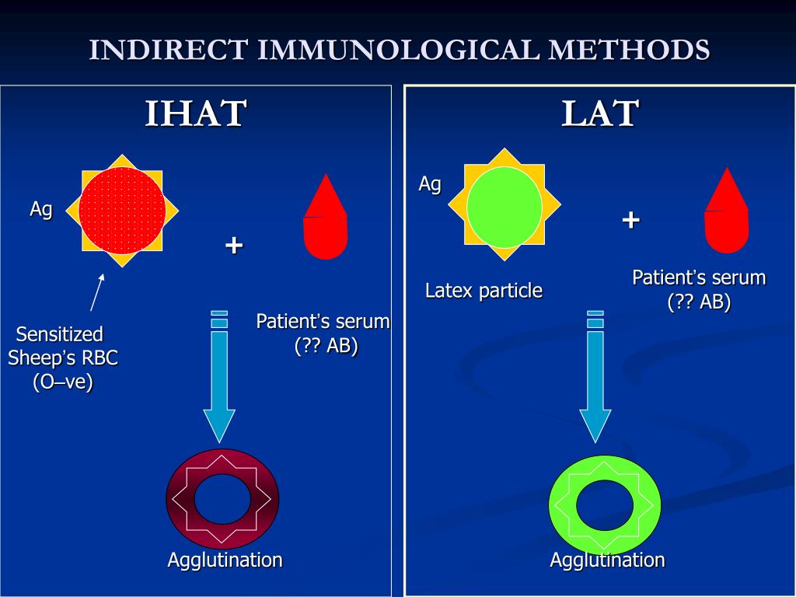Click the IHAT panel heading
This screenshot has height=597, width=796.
[x=196, y=113]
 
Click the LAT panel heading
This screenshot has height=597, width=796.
[x=600, y=113]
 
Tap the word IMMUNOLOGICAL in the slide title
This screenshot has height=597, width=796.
[x=397, y=50]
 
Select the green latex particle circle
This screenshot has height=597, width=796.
[x=504, y=207]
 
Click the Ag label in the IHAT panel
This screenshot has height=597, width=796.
[x=41, y=209]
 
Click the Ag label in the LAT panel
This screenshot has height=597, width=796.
[x=430, y=184]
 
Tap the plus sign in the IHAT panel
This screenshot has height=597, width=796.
[x=234, y=246]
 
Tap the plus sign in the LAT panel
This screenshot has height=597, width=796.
[x=630, y=220]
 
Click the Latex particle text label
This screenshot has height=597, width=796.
[x=484, y=292]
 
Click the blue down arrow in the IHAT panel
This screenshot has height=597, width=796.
[x=219, y=381]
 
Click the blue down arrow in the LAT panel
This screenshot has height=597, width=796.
[x=595, y=381]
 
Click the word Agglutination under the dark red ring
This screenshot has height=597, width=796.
[x=225, y=560]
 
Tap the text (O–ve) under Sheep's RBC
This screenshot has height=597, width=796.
[x=62, y=382]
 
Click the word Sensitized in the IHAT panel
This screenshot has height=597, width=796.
[x=60, y=335]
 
